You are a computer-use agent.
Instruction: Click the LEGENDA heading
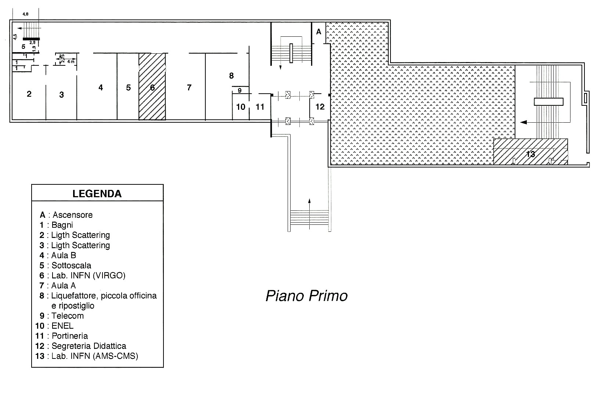97,194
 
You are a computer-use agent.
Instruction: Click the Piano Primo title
306,296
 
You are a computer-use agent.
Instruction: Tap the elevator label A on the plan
318,32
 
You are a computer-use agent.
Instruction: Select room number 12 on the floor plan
320,107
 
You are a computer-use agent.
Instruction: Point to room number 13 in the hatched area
530,154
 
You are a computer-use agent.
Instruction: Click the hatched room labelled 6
152,86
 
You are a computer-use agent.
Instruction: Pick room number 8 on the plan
231,76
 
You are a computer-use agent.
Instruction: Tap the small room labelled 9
240,90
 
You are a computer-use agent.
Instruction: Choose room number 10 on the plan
241,107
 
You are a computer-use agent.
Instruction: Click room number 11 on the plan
260,107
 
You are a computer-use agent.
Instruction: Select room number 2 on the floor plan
29,94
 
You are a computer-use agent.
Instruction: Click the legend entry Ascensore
73,215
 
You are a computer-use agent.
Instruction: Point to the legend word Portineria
70,336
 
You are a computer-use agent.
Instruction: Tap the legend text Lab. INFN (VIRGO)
89,275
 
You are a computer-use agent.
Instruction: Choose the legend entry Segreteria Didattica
89,346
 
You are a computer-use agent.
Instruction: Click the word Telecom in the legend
68,316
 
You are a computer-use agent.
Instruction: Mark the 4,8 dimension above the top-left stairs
25,14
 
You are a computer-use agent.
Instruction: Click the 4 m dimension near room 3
71,62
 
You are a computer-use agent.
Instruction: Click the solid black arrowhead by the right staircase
523,122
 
